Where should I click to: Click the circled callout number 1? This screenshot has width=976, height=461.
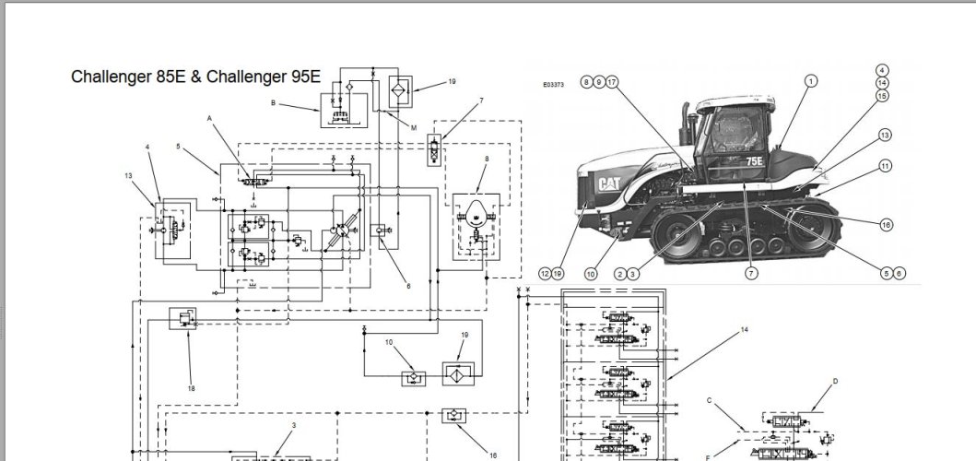(x=811, y=81)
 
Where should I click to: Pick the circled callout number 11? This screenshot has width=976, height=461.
(x=885, y=166)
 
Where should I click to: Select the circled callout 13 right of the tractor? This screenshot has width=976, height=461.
(x=885, y=136)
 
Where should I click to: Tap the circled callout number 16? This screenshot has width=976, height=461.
(x=886, y=224)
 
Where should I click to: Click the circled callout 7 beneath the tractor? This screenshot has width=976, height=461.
(x=753, y=273)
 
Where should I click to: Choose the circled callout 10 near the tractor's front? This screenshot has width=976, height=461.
(x=591, y=273)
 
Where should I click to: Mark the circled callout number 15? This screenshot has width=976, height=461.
(x=882, y=95)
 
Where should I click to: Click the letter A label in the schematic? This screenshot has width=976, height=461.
(x=209, y=119)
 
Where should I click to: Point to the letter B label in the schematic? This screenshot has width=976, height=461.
(x=273, y=104)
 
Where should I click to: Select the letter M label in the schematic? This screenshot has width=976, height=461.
(x=413, y=128)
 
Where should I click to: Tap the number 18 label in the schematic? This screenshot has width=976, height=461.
(x=191, y=388)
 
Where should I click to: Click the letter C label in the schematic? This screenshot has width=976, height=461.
(x=710, y=400)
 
